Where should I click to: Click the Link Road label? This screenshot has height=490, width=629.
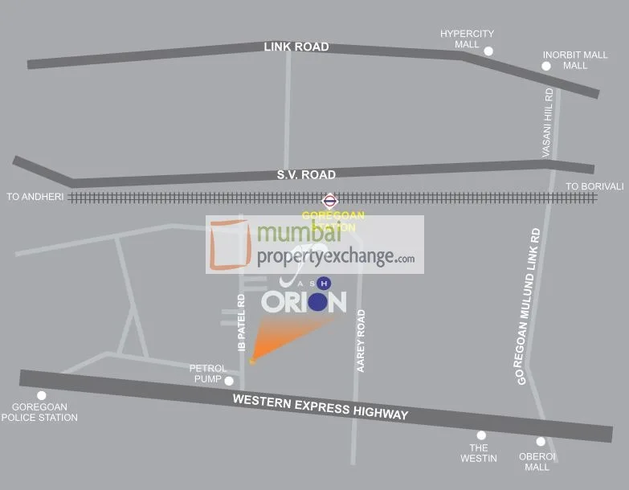(296, 47)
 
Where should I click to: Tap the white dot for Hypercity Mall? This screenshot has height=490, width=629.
(488, 51)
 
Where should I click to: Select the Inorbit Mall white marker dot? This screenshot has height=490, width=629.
(546, 66)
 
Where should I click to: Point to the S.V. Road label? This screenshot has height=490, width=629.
(306, 175)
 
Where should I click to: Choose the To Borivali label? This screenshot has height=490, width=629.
(594, 186)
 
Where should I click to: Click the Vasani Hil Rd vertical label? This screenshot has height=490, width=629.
(548, 122)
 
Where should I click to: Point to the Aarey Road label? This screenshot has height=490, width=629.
(361, 340)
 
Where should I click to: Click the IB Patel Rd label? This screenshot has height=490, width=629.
(241, 322)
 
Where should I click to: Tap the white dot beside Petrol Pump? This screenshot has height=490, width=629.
(229, 381)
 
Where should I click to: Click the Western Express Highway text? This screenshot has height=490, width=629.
(321, 406)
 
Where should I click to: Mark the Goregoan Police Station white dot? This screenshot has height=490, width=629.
(42, 395)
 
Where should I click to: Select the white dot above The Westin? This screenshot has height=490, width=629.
(482, 435)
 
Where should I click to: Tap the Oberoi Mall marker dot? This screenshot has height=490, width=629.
(541, 441)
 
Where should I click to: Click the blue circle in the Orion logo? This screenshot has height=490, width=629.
(318, 302)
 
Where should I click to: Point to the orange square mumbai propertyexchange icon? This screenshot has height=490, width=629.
(231, 244)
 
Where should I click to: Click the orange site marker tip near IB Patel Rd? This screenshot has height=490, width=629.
(252, 361)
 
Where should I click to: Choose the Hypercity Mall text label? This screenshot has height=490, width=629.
(467, 39)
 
